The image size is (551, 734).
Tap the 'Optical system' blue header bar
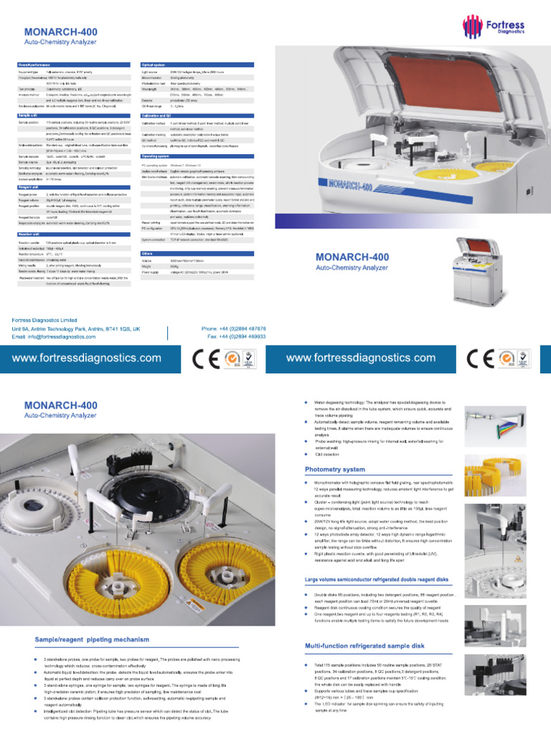point(155,65)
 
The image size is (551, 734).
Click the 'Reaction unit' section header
point(33,234)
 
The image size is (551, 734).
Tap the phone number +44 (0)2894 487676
point(232,328)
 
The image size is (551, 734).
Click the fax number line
point(233,335)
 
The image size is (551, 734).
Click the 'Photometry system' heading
point(334,470)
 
